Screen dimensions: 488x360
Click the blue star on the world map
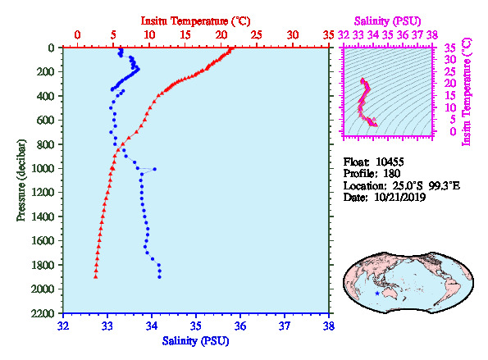377,293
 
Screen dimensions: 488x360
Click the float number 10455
390,162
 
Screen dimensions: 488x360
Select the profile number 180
392,174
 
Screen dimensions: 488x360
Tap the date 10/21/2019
400,198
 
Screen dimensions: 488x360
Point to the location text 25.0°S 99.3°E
426,186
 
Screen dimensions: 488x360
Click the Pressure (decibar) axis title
21,180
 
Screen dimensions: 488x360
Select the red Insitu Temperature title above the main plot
195,21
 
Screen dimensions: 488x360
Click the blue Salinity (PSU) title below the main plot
195,341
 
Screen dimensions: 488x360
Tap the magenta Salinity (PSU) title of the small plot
387,21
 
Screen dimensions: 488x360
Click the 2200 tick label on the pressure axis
43,313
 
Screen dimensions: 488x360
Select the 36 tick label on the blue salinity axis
240,326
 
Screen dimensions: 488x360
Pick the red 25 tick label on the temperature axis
257,34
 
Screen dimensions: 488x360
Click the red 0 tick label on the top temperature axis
77,34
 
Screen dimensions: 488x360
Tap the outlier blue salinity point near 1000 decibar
155,169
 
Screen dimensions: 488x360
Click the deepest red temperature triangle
95,276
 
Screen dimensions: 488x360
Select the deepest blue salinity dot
159,277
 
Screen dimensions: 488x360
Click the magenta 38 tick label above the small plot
432,34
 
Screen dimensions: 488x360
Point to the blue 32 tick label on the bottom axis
63,326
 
